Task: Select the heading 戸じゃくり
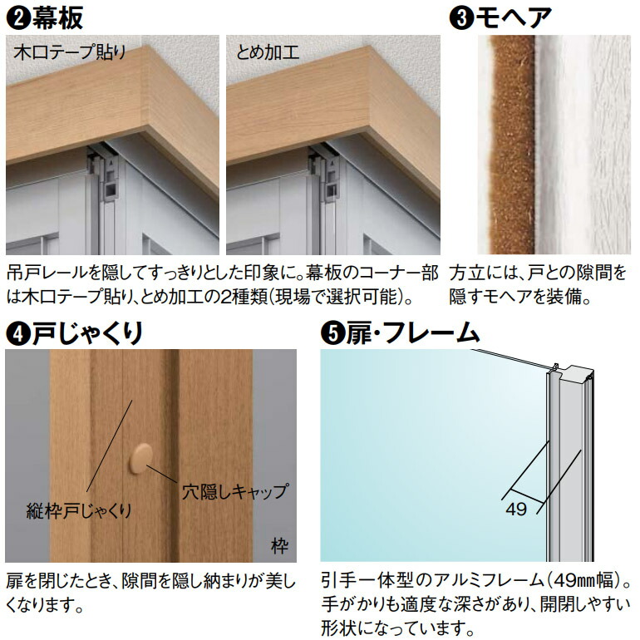coord(87,333)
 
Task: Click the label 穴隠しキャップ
coord(234,490)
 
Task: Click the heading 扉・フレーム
coord(411,333)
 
